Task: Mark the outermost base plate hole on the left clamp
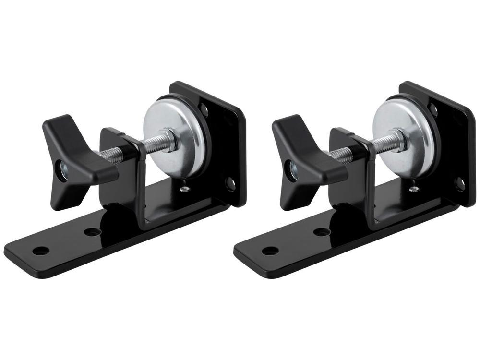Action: [x=41, y=251]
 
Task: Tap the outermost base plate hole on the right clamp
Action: [x=270, y=251]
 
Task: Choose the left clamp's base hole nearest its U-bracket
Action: [x=92, y=232]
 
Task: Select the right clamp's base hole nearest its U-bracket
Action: [x=322, y=232]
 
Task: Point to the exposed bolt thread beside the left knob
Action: [x=111, y=155]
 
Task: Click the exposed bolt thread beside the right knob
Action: [x=340, y=155]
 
